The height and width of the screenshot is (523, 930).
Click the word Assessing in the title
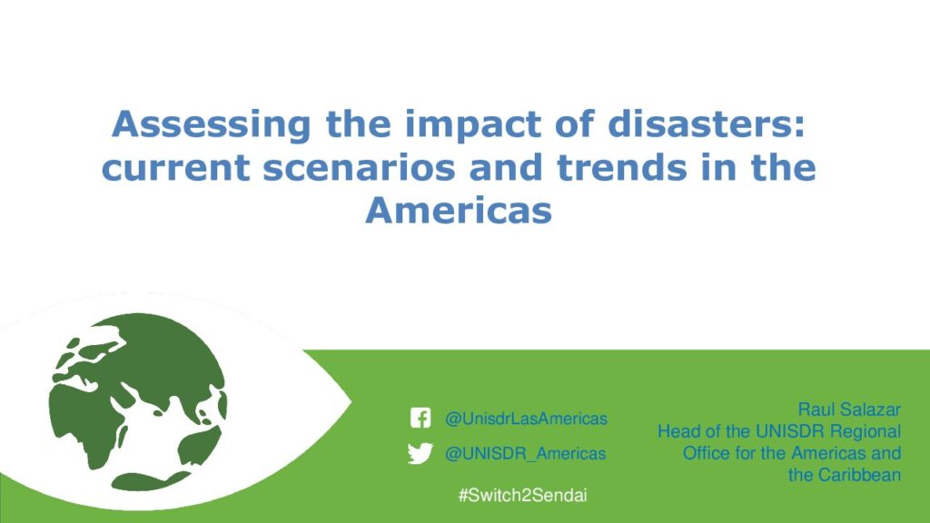point(211,125)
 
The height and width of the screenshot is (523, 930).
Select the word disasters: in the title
point(707,123)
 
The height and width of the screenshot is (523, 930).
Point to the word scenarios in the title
point(359,168)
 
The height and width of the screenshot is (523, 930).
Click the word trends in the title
point(621,167)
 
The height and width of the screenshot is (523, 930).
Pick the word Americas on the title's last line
point(459,210)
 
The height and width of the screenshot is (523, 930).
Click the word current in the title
point(175,168)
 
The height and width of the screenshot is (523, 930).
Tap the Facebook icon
point(420,418)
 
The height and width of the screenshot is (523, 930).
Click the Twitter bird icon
point(420,454)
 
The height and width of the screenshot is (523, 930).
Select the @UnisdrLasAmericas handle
point(526,419)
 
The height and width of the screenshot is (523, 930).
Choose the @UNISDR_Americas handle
point(526,454)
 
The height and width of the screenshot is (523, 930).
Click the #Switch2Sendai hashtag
point(522,495)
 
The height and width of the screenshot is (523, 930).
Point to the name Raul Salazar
point(849,410)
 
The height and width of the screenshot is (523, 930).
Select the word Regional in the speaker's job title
point(866,432)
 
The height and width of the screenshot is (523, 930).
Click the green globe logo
point(138,402)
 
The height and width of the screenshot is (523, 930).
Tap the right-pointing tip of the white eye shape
point(351,402)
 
